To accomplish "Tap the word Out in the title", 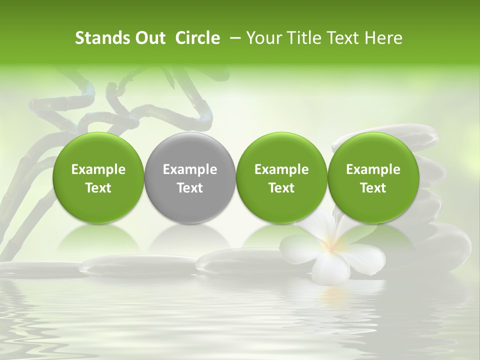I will click(x=148, y=38).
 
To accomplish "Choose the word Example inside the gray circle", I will click(x=190, y=169).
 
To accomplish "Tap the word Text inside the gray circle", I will click(x=190, y=188).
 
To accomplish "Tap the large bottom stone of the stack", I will click(x=440, y=245).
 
